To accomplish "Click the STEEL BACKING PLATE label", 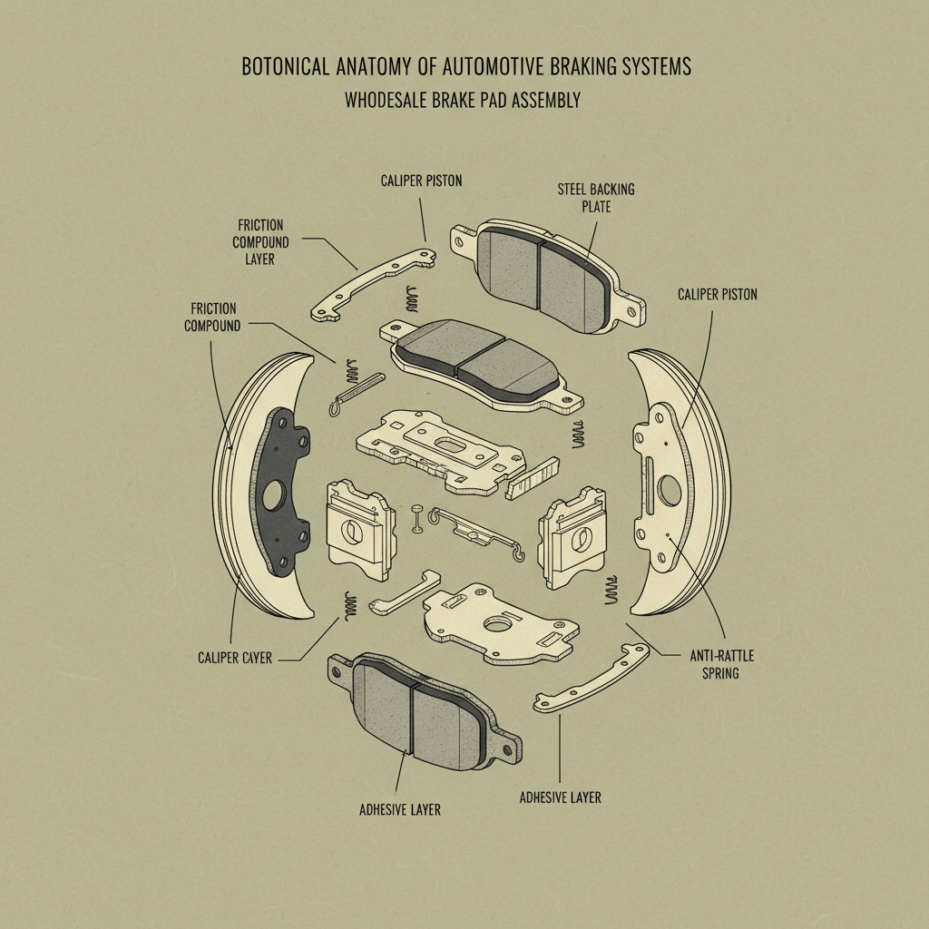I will click(x=596, y=198).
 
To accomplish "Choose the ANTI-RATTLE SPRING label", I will click(x=722, y=664).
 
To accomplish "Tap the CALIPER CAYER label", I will click(x=234, y=658).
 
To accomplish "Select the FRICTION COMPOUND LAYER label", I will click(x=261, y=241).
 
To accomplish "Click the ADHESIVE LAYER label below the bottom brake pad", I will click(x=400, y=808).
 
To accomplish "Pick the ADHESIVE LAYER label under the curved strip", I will click(x=560, y=797).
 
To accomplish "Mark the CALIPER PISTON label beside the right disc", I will click(x=717, y=295).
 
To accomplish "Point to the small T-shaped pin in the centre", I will click(x=418, y=516).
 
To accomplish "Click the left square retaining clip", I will click(x=359, y=530).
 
